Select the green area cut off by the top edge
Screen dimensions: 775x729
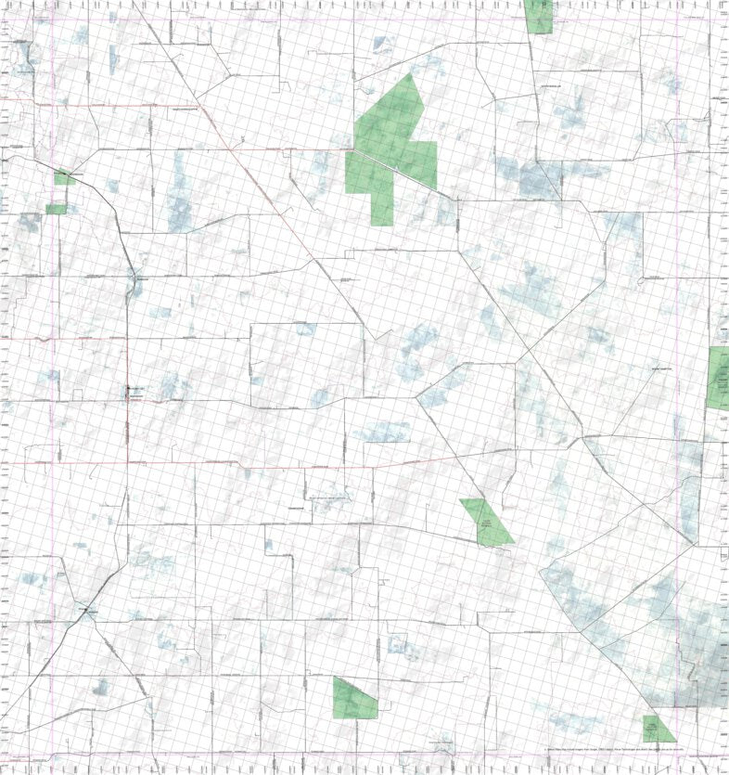click(x=538, y=16)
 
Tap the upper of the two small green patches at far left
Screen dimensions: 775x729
click(x=64, y=176)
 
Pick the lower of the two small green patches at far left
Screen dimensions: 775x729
click(x=57, y=210)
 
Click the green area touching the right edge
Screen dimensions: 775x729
click(x=718, y=377)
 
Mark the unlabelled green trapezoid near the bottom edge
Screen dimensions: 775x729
click(x=354, y=699)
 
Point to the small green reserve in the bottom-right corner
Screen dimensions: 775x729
click(x=659, y=728)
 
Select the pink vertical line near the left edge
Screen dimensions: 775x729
click(x=54, y=371)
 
